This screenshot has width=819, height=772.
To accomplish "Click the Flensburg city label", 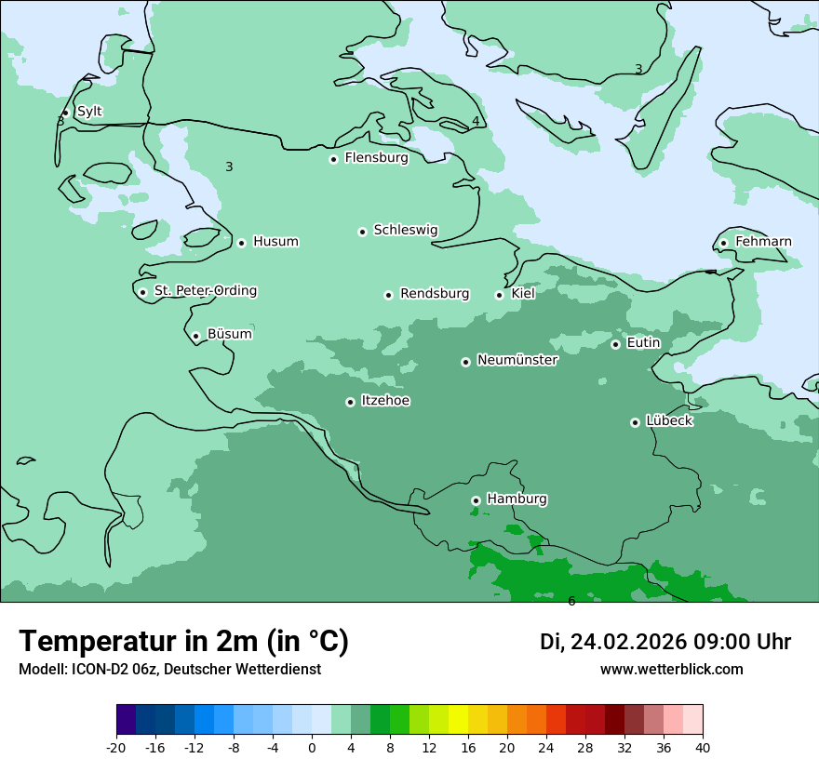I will [x=376, y=158].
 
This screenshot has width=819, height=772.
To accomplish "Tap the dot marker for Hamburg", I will [x=476, y=500].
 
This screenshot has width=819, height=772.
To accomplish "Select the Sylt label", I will [x=89, y=112].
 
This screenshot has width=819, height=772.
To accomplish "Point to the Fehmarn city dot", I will [x=723, y=243].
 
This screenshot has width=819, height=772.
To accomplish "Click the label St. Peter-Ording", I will [x=205, y=291].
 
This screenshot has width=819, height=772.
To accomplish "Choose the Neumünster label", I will [x=517, y=360].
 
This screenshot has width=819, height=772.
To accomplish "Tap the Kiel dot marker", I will [x=499, y=295].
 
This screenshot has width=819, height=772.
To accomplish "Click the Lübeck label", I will [x=669, y=420].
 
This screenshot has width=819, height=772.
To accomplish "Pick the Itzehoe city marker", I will [x=350, y=402].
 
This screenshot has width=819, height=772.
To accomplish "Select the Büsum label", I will [x=229, y=334].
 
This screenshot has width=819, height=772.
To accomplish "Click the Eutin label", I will [x=643, y=343].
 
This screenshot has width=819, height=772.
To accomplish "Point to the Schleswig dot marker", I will [x=362, y=232].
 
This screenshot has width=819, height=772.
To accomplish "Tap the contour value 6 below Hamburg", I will [x=571, y=601].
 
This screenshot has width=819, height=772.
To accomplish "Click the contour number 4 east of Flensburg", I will [x=476, y=121].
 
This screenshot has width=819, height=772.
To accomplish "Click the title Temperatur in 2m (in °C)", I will [x=183, y=642].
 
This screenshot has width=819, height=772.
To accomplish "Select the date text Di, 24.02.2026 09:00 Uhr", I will [x=665, y=642].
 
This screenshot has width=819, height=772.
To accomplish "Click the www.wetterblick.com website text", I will [x=671, y=669].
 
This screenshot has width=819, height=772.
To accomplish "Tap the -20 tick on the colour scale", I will [x=116, y=747].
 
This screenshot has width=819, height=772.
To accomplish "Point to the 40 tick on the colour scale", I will [x=702, y=747].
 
